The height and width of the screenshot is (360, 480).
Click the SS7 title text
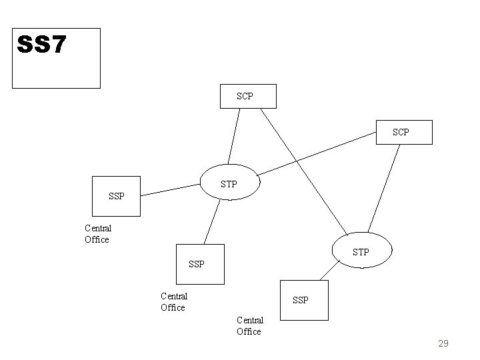pos(41,45)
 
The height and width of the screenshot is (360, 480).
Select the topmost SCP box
pos(246,97)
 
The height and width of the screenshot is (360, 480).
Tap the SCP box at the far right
pos(403,132)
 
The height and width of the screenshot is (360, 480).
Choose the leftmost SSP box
pos(116,196)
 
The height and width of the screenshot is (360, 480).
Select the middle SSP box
pos(198,263)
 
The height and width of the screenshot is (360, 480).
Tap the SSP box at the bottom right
pos(303,300)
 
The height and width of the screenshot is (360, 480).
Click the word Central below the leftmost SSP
pos(98,228)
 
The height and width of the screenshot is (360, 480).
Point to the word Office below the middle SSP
pos(173,307)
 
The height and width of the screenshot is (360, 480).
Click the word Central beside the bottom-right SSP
pos(250,320)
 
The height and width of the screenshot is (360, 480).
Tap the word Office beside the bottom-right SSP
pos(249,331)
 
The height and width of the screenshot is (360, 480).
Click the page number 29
pos(443,343)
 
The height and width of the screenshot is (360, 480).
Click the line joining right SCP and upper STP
pos(313,153)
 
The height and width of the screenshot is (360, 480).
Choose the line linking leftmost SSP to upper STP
pos(171,190)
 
